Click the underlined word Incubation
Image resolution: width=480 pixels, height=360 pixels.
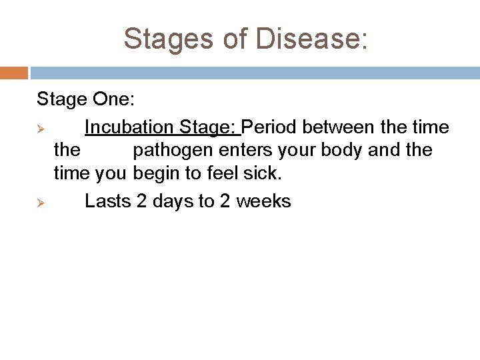click(129, 127)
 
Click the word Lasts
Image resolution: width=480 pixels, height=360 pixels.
click(108, 201)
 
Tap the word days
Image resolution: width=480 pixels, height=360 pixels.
click(173, 201)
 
